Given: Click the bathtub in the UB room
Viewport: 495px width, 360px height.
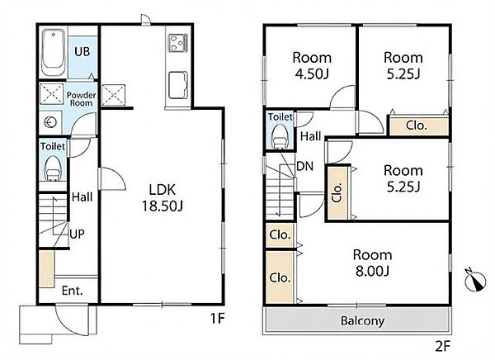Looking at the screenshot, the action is pyautogui.click(x=54, y=52).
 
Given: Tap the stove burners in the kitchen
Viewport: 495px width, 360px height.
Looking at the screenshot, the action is pyautogui.click(x=177, y=43).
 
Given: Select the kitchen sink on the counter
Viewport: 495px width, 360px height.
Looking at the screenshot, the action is pyautogui.click(x=178, y=85).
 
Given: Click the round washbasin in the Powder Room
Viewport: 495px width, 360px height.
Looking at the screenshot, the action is pyautogui.click(x=50, y=122).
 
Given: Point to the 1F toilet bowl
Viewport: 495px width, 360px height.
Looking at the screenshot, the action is pyautogui.click(x=53, y=168).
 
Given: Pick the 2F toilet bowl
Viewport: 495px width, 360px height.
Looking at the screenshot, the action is pyautogui.click(x=280, y=136).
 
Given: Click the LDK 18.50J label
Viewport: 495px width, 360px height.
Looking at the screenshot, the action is pyautogui.click(x=163, y=197).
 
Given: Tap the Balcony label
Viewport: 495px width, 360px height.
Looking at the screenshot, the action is pyautogui.click(x=362, y=321).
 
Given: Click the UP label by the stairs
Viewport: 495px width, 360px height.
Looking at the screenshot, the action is pyautogui.click(x=78, y=234).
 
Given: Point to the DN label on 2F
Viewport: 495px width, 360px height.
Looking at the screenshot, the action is pyautogui.click(x=305, y=166).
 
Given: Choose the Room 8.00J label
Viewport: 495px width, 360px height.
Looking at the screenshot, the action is pyautogui.click(x=373, y=263).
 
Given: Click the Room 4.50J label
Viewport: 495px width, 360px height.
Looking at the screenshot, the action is pyautogui.click(x=312, y=66).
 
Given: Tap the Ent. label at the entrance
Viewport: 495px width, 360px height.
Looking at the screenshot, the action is pyautogui.click(x=73, y=291).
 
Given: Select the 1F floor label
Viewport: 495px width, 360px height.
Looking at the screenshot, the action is pyautogui.click(x=218, y=318).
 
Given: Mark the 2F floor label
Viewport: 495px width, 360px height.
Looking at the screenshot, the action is pyautogui.click(x=442, y=347).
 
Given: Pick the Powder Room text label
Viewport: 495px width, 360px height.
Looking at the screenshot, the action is pyautogui.click(x=81, y=99).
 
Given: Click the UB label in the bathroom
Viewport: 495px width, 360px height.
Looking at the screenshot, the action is pyautogui.click(x=82, y=51).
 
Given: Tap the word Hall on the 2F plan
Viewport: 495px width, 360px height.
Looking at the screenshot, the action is pyautogui.click(x=311, y=136).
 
